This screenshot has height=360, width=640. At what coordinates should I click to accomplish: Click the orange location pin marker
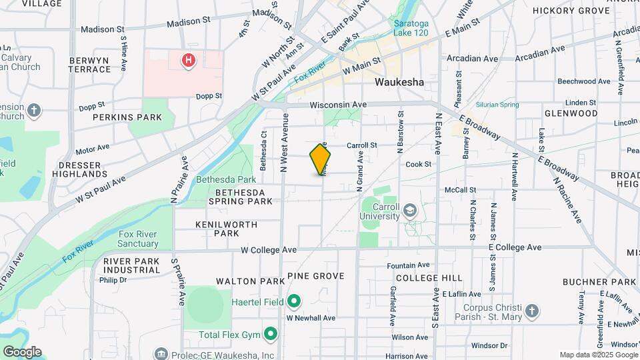point(321,159)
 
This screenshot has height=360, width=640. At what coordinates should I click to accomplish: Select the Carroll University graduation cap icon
point(409,211)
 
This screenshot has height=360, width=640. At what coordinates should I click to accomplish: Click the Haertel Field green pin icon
point(293,302)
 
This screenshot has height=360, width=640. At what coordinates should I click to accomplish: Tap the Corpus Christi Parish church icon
point(531,310)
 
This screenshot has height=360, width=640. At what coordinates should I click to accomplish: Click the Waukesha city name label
point(399,82)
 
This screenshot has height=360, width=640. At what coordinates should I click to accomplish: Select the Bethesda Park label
point(226,179)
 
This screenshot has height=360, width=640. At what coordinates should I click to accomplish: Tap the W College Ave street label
point(268,249)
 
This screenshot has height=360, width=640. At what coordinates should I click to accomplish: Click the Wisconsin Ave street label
point(338,105)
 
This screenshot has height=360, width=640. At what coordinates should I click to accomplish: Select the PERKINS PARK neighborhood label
point(127,117)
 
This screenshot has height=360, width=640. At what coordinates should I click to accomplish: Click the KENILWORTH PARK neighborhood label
point(227,229)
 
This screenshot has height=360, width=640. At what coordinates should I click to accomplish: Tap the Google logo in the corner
point(22,351)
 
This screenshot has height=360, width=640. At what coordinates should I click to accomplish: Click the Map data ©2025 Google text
point(599,355)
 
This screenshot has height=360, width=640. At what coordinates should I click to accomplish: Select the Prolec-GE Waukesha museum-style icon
point(160,353)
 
